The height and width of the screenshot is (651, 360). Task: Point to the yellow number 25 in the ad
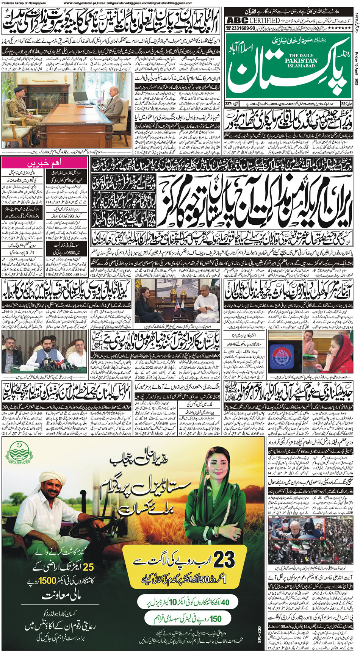[88, 567]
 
